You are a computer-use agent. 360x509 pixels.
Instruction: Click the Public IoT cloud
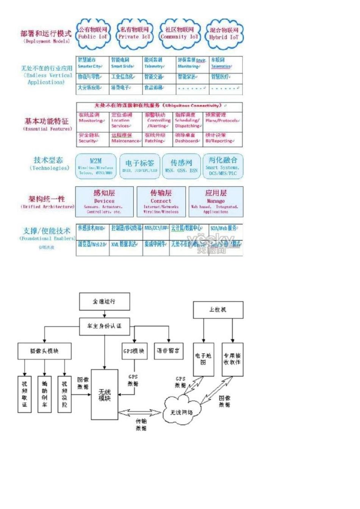pos(93,34)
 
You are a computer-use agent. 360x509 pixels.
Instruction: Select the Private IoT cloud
pos(135,34)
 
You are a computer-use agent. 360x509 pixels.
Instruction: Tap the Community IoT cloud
pos(179,34)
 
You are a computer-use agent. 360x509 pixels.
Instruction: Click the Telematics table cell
pos(226,63)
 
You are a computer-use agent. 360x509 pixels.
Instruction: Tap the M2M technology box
pos(96,166)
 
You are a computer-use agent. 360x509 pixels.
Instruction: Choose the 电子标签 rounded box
pos(140,166)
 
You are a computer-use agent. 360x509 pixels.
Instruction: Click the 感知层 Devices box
pos(104,201)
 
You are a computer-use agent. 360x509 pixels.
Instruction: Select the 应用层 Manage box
pos(216,201)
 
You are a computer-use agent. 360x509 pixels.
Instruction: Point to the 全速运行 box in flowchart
pos(104,302)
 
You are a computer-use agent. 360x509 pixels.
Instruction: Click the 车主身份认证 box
pos(104,326)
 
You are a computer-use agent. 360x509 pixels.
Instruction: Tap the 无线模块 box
pos(104,394)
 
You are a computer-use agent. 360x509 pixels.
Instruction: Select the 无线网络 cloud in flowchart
pos(182,411)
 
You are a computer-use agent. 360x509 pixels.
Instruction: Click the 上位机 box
pos(218,310)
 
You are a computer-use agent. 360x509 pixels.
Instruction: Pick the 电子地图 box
pos(203,359)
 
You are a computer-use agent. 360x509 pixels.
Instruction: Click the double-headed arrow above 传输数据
pos(140,412)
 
